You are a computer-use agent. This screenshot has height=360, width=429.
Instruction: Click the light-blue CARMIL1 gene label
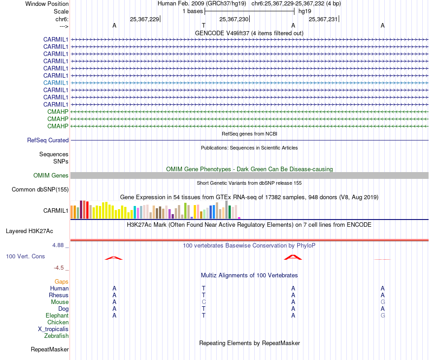click(x=56, y=83)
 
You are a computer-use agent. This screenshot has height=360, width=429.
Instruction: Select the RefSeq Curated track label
click(x=47, y=140)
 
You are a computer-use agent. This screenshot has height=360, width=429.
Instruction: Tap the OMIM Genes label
click(x=51, y=176)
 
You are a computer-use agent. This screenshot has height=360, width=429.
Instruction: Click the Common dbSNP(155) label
click(x=40, y=190)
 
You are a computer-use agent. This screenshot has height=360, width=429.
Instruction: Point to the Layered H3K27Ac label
click(x=29, y=231)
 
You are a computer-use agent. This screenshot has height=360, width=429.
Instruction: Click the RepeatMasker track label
click(x=50, y=350)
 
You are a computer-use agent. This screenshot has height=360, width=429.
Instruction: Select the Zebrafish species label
click(x=56, y=336)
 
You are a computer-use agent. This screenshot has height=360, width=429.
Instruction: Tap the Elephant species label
click(x=57, y=316)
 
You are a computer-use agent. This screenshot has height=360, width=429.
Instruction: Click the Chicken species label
click(x=58, y=323)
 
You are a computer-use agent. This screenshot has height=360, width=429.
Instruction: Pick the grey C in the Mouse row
click(x=204, y=302)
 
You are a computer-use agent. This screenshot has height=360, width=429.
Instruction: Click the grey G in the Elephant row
click(x=382, y=316)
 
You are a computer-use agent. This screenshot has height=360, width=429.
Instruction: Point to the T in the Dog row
click(x=204, y=309)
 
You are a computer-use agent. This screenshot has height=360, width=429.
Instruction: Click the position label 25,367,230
click(x=233, y=19)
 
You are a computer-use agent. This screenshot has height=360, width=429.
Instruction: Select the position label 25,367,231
click(x=323, y=19)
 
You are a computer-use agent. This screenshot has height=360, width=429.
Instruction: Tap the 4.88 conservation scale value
click(x=60, y=246)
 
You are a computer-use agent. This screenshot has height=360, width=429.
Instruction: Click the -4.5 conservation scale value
click(x=60, y=268)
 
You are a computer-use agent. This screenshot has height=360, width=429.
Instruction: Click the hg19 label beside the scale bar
click(x=305, y=11)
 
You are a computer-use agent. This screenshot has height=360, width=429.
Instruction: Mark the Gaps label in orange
click(x=61, y=282)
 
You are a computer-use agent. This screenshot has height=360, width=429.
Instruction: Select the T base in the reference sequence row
click(x=204, y=26)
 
